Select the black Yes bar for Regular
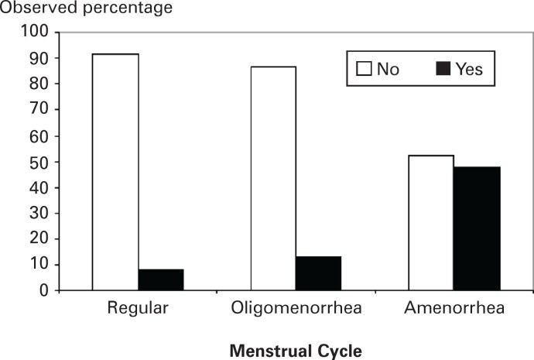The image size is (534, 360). pos(161,279)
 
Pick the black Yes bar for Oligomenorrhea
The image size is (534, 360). pos(318,273)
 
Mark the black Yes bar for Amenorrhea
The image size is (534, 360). pos(477,228)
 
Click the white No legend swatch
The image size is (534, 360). pos(365,69)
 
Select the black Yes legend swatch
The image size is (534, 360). pos(442,69)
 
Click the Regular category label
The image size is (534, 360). pos(138,308)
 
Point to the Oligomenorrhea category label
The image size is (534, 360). pos(295,308)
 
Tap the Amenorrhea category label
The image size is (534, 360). pos(454,308)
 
